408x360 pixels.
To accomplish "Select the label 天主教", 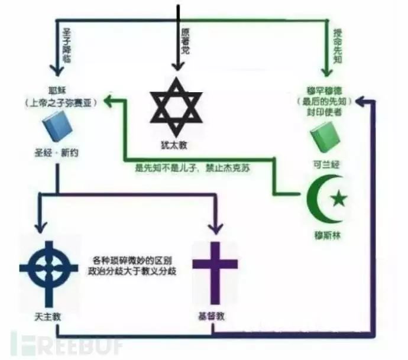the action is pos(48,316).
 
